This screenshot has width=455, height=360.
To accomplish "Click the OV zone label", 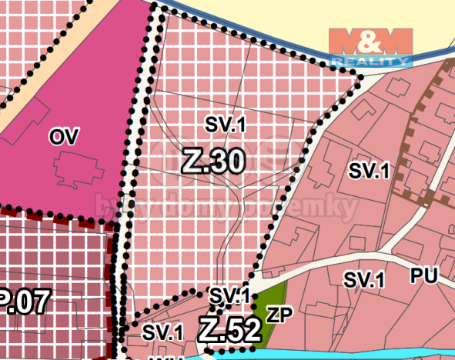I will click(65, 137).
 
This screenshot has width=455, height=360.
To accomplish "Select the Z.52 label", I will click(229, 330).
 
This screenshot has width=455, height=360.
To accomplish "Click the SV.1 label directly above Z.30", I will click(225, 124).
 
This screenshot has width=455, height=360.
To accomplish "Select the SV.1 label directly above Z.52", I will click(229, 295).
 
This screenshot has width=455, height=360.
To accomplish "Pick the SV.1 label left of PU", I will click(363, 280).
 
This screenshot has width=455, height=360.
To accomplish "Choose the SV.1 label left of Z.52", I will click(163, 332).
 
